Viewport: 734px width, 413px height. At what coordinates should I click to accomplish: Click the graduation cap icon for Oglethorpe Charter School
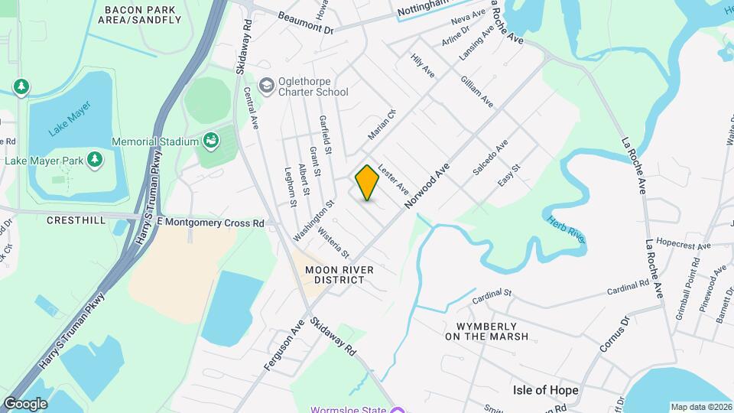(266, 84)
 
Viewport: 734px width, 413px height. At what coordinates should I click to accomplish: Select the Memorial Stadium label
(155, 141)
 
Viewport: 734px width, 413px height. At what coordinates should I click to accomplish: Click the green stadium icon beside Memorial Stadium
(209, 141)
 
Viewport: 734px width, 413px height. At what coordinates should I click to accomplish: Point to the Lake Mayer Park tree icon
(95, 160)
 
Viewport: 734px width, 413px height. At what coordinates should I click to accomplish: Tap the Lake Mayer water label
(70, 119)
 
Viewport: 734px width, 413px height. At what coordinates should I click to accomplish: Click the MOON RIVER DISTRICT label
(339, 275)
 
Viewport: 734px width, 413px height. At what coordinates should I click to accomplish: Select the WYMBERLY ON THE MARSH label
(486, 330)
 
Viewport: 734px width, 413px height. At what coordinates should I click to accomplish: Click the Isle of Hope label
(545, 390)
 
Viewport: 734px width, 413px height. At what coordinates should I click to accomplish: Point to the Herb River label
(567, 229)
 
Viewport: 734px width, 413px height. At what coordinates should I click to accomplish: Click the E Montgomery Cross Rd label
(209, 223)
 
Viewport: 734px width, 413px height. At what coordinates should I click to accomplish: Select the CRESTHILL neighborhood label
(75, 220)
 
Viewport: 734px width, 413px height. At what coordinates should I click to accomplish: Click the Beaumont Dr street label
(306, 22)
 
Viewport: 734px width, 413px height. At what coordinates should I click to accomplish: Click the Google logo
(25, 403)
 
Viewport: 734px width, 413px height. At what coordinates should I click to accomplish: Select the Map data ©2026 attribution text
(700, 407)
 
